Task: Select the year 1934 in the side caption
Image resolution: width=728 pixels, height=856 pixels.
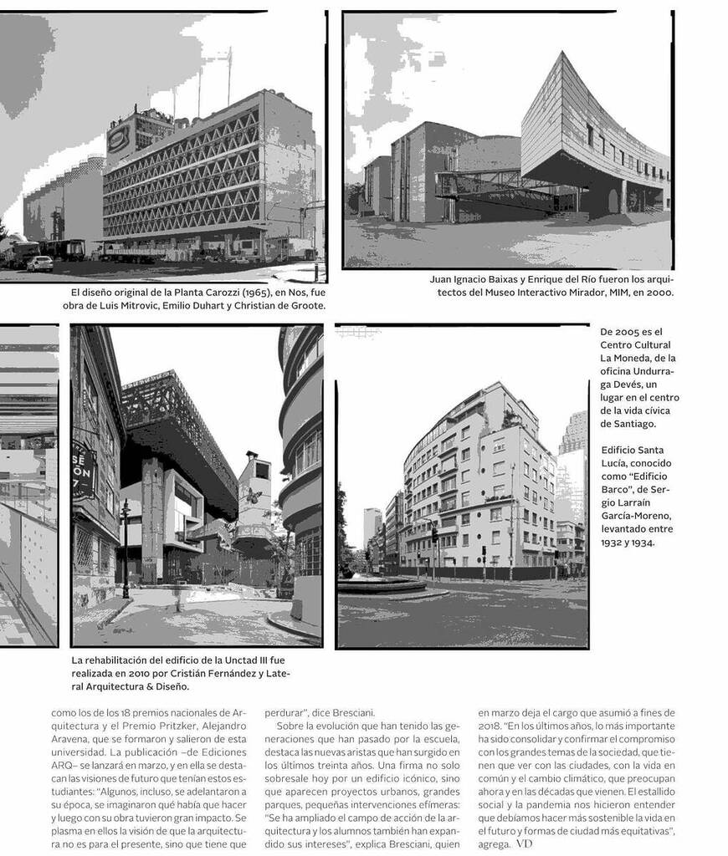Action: point(639,542)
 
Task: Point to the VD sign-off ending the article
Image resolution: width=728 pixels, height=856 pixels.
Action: point(523,844)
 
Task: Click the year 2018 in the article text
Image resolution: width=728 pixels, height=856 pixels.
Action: point(493,726)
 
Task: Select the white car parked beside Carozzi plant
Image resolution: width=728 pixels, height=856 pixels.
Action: point(39,263)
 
